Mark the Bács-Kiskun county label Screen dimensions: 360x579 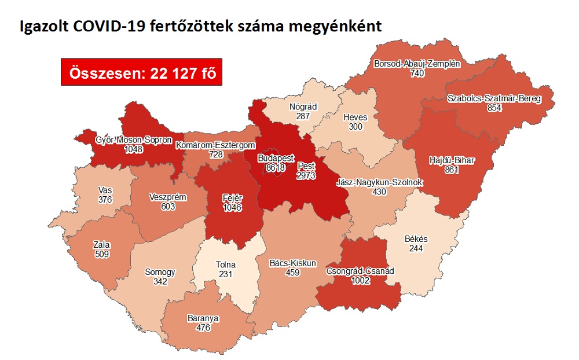click(293, 263)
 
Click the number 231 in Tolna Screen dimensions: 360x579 click(225, 274)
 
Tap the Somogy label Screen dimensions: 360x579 click(160, 273)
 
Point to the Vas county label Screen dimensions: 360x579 click(105, 190)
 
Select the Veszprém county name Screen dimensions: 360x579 click(167, 197)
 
